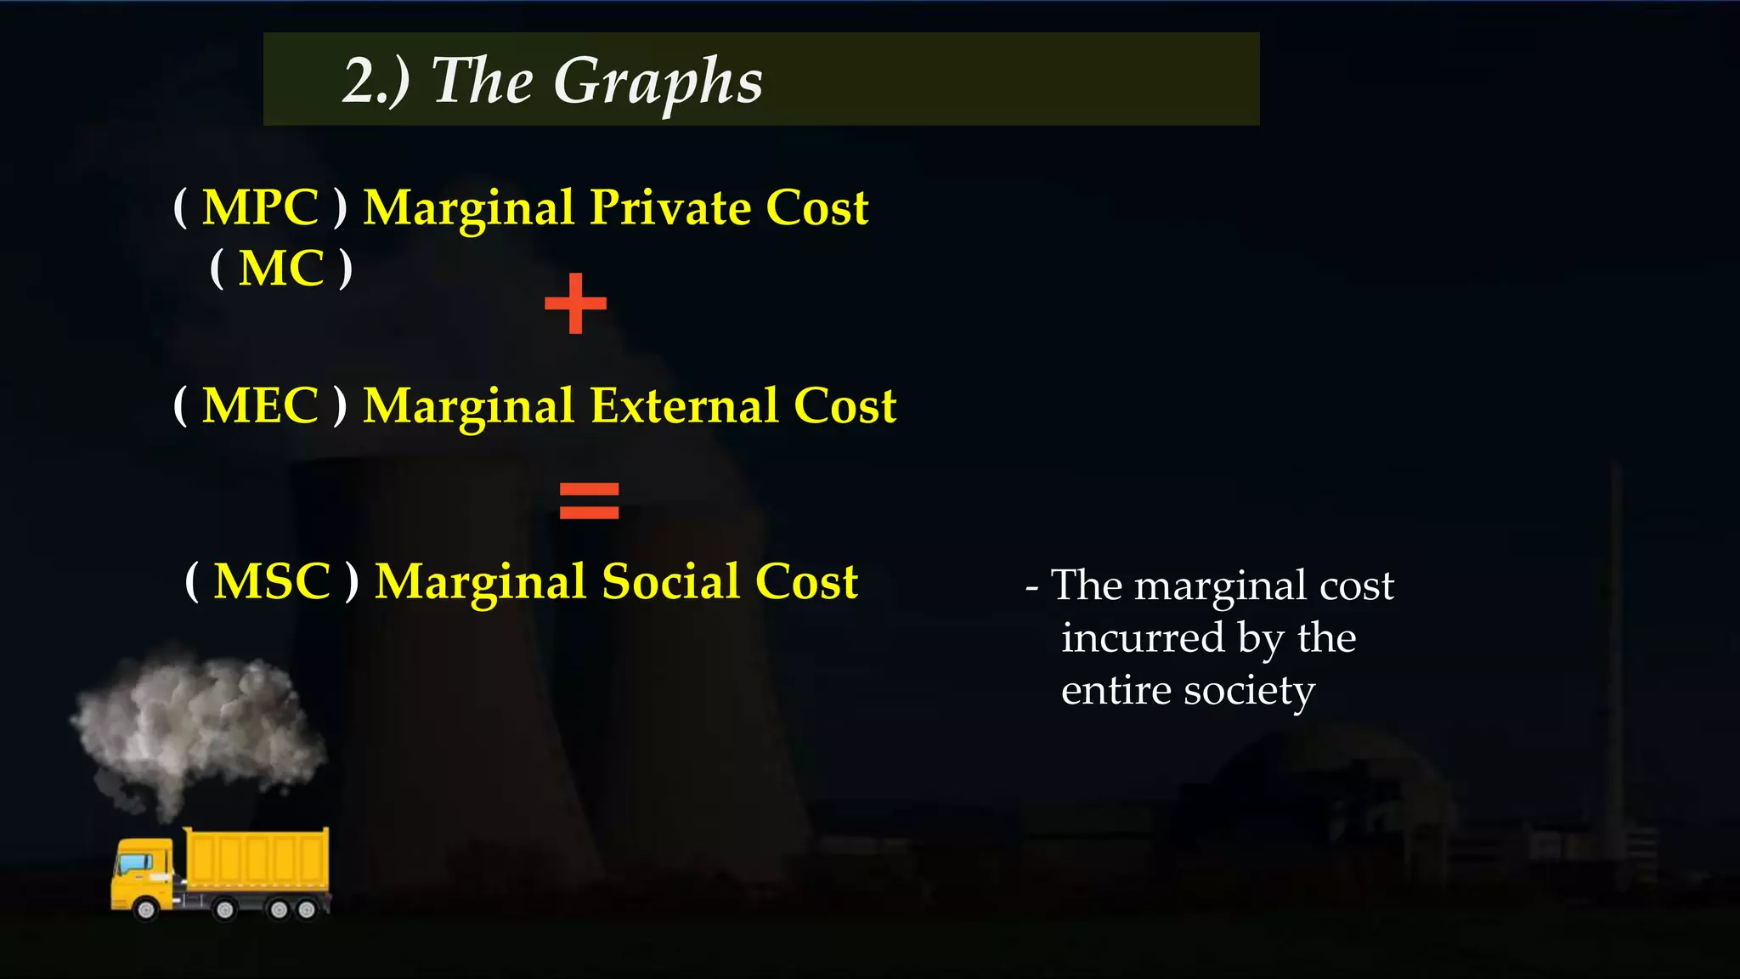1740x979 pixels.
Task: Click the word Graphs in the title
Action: click(x=658, y=82)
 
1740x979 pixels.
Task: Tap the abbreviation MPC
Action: click(x=260, y=207)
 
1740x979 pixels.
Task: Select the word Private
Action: click(x=670, y=207)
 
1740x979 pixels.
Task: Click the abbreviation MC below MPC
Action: click(x=281, y=269)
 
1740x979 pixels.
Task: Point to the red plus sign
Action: click(x=576, y=303)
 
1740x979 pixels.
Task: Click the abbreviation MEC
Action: click(x=260, y=405)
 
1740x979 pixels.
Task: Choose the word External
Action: click(x=684, y=405)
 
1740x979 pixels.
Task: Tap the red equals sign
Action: click(x=589, y=501)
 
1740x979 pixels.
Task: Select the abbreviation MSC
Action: click(x=272, y=582)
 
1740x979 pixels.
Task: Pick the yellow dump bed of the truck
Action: click(x=257, y=858)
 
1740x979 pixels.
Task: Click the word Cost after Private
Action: click(x=816, y=207)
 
